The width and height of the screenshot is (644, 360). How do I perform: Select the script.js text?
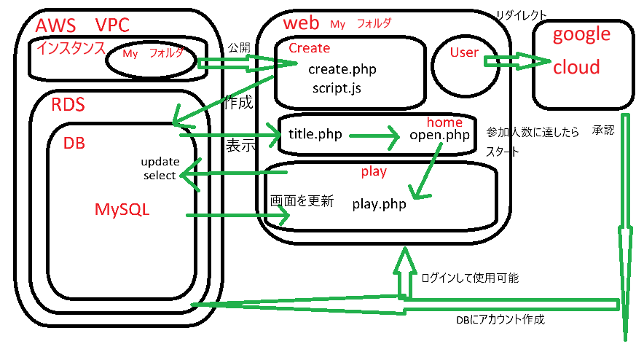tap(336, 88)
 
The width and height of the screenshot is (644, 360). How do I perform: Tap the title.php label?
tap(316, 134)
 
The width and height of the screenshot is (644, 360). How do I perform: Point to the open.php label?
tap(439, 135)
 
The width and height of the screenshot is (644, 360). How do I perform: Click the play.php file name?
tap(379, 204)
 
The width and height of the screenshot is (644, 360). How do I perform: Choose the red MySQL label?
tap(122, 209)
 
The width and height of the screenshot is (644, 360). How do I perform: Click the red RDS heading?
tap(68, 105)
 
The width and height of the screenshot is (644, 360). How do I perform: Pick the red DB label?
tap(74, 144)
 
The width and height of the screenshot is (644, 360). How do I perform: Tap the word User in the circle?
tap(464, 52)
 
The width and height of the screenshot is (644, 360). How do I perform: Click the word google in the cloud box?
tap(581, 34)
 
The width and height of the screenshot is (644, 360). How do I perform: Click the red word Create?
tap(309, 48)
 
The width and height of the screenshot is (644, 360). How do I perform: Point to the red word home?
tap(444, 122)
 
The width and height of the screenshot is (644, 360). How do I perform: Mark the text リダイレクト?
tap(520, 15)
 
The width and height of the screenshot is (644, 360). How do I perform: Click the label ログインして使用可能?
tap(470, 278)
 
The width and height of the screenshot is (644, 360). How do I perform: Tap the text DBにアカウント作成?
tap(500, 319)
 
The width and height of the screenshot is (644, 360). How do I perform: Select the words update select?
tap(160, 168)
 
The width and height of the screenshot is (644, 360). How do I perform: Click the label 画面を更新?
tap(302, 201)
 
